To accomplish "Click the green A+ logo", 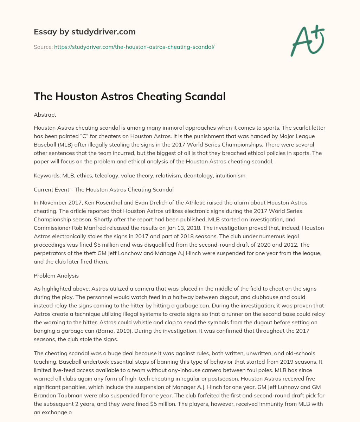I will tap(307, 40).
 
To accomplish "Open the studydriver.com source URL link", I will tap(134, 46).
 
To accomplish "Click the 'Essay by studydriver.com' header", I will tap(84, 32).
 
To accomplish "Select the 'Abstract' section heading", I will tap(45, 115).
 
